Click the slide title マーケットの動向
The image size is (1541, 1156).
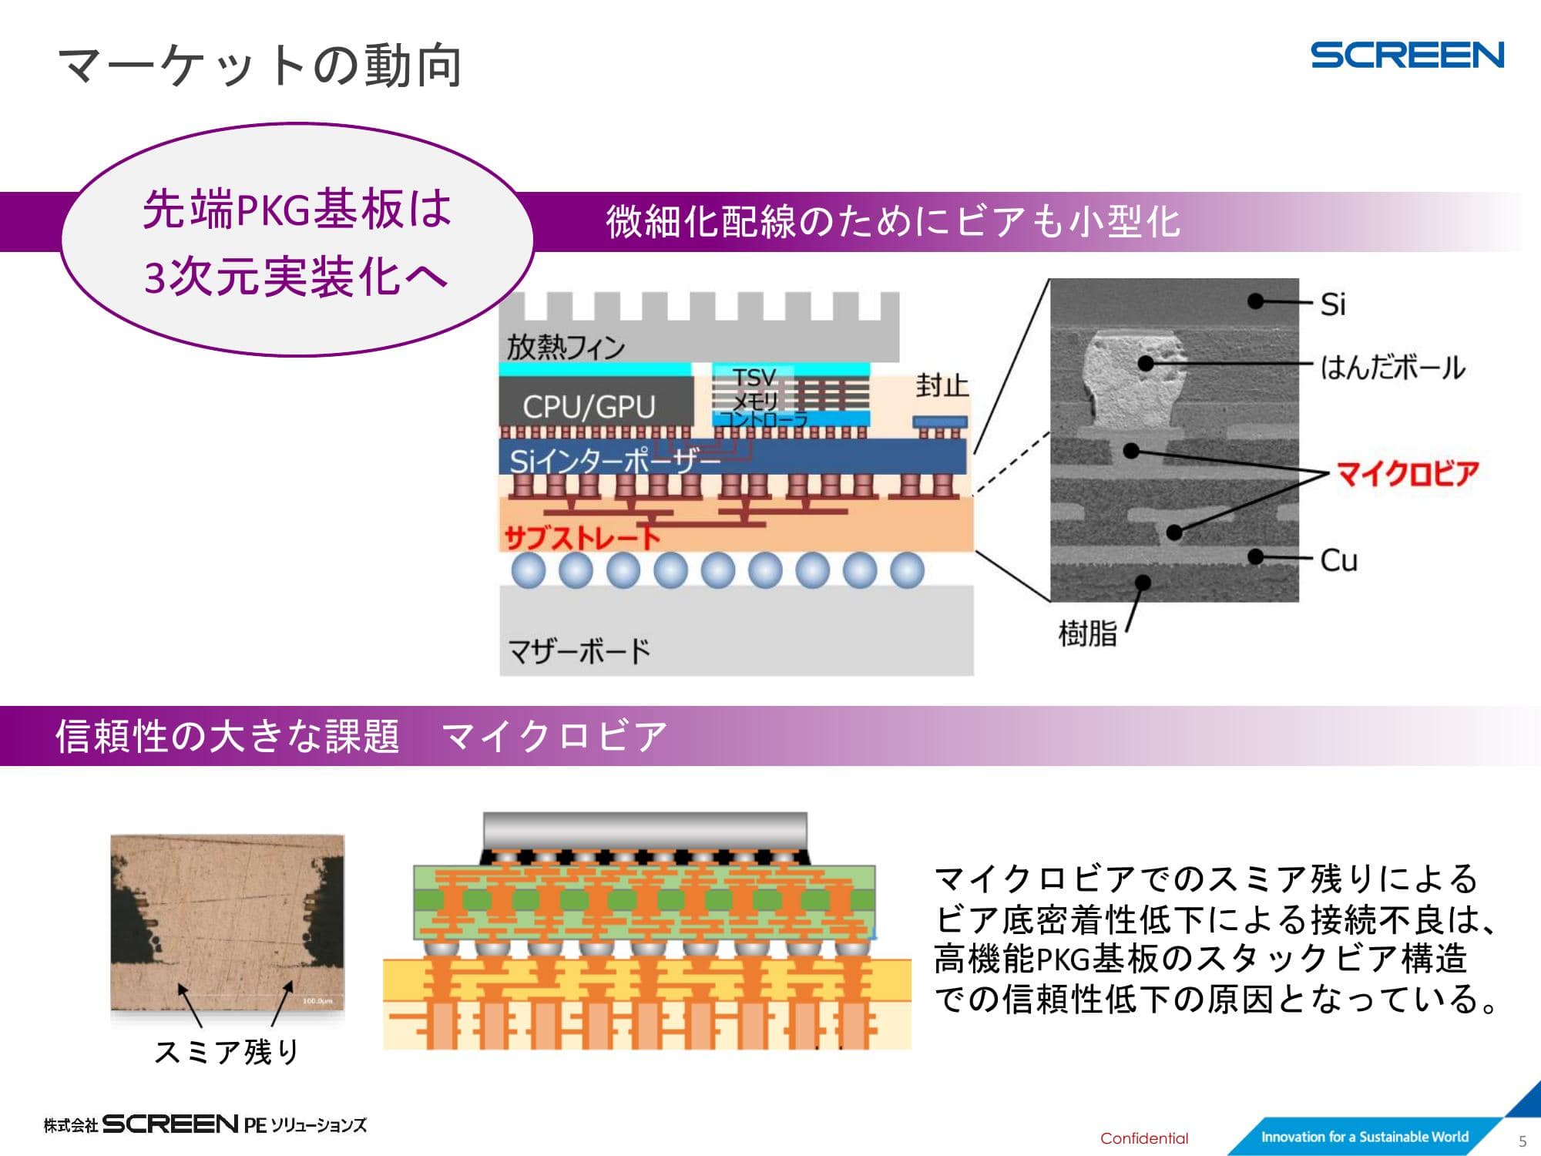point(260,66)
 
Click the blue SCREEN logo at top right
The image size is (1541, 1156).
point(1406,55)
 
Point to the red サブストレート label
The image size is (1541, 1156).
point(582,536)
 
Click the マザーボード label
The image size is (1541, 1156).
point(579,651)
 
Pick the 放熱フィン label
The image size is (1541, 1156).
point(566,347)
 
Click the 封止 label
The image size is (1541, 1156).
point(942,385)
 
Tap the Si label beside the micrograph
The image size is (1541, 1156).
point(1332,304)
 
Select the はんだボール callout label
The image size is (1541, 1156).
point(1392,368)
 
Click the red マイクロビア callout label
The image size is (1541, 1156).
point(1407,473)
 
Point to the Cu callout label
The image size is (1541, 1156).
point(1338,560)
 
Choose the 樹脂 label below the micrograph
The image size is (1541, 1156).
point(1087,633)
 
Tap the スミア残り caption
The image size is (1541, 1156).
point(227,1051)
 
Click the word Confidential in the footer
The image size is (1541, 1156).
point(1143,1138)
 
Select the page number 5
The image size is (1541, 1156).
point(1522,1141)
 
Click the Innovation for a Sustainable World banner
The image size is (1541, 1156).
point(1364,1137)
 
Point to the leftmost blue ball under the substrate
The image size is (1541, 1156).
point(529,570)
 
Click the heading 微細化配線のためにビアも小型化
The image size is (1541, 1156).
point(892,222)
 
